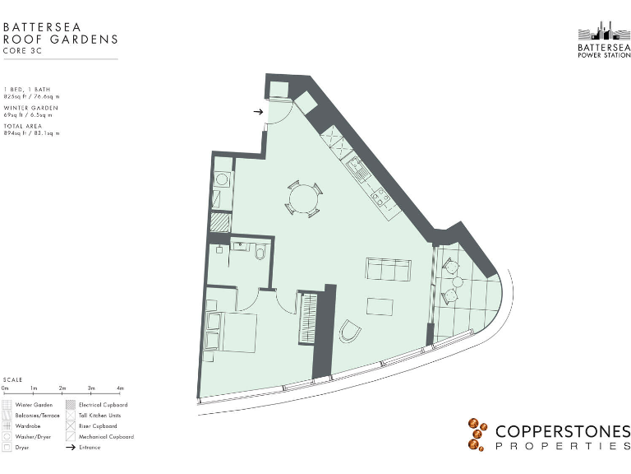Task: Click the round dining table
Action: tap(303, 198)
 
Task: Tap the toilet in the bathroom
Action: tap(260, 253)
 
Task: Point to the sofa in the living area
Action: tap(388, 268)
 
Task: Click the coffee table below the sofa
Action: tap(380, 305)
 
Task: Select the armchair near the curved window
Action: tap(350, 331)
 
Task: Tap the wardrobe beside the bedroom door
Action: tap(308, 318)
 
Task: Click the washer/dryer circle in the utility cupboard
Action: tap(221, 179)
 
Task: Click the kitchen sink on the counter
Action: tap(358, 170)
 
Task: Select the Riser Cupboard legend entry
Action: tap(97, 426)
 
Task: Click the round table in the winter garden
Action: tap(457, 282)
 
